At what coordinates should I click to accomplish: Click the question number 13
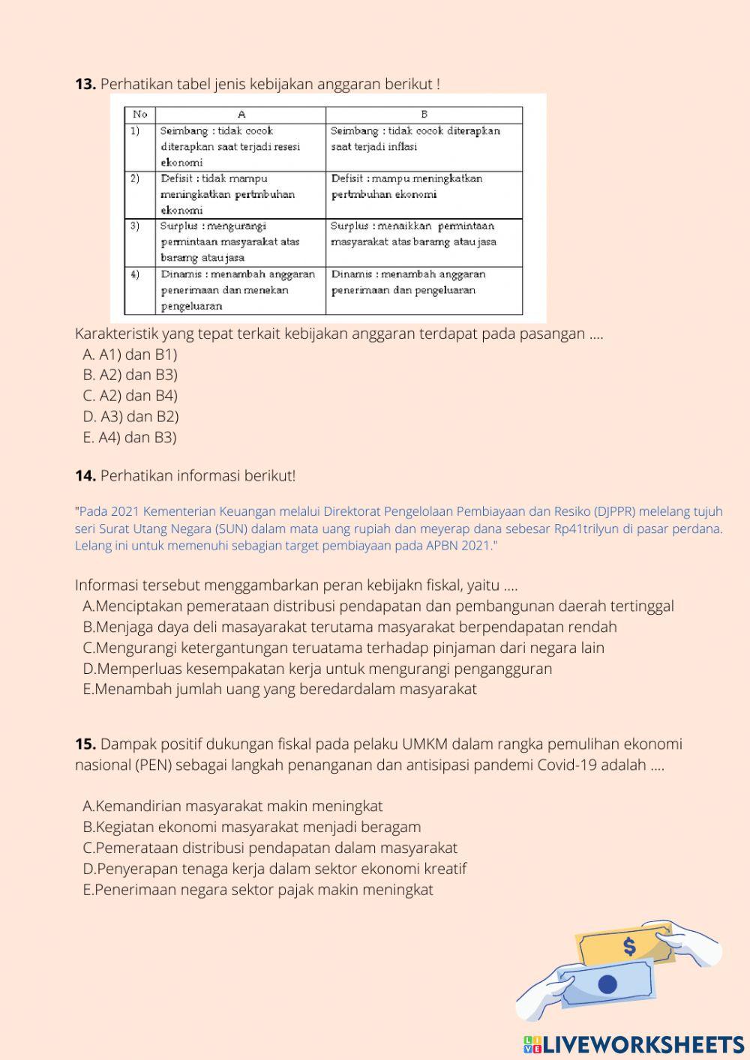click(x=85, y=84)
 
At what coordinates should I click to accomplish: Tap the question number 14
click(x=85, y=475)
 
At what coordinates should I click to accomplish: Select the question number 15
click(x=85, y=744)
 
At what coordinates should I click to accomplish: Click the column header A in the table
click(x=241, y=115)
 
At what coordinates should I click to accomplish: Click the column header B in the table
click(x=424, y=115)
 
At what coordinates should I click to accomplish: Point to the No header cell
click(x=140, y=115)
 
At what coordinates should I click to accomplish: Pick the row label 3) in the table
click(x=136, y=226)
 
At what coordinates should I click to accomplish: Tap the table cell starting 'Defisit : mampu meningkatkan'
click(x=424, y=187)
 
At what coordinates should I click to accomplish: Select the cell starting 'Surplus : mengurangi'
click(x=240, y=241)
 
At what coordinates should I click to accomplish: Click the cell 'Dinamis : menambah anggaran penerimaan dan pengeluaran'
click(x=424, y=283)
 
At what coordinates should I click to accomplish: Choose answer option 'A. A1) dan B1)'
click(x=130, y=354)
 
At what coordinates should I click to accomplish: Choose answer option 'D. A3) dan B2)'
click(x=130, y=416)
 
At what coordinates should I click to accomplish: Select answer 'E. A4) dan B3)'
click(x=130, y=437)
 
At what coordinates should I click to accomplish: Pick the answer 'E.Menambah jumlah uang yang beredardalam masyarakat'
click(x=280, y=689)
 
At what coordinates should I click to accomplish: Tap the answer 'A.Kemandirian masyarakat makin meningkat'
click(x=232, y=806)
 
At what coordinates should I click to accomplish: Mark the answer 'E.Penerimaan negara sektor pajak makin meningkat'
click(x=258, y=890)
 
